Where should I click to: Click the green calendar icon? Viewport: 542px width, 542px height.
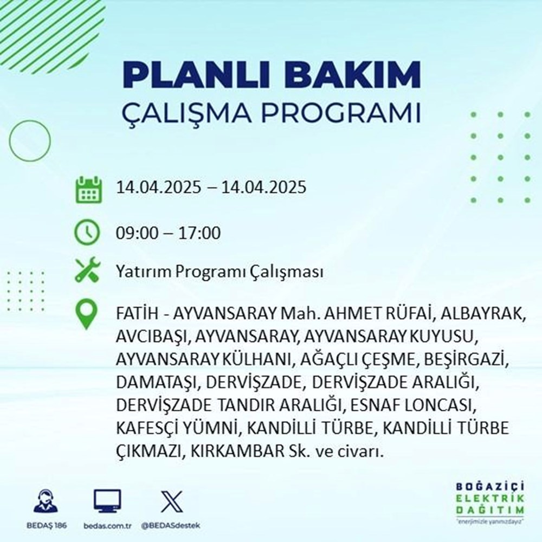click(x=87, y=189)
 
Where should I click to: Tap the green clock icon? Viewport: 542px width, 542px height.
click(x=87, y=233)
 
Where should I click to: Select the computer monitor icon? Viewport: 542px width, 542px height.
click(x=107, y=501)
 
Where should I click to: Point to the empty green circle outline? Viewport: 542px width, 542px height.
click(x=30, y=140)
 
